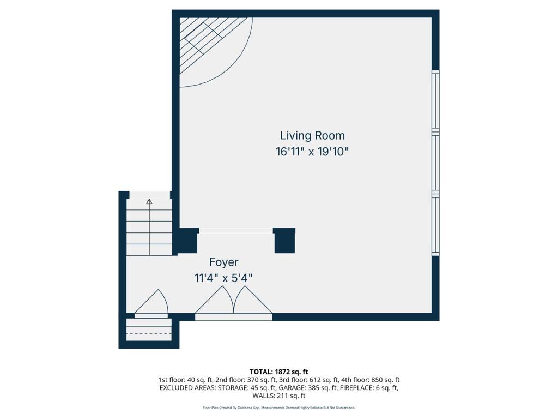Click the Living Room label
(x=312, y=135)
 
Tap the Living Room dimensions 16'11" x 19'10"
(x=312, y=152)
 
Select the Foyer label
(x=223, y=262)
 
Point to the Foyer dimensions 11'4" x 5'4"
(x=223, y=278)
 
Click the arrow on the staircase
(x=149, y=202)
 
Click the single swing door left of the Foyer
(x=151, y=304)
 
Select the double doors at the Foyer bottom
(x=234, y=303)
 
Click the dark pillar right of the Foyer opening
(x=284, y=241)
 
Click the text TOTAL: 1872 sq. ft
(x=279, y=372)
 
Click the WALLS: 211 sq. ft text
(x=279, y=396)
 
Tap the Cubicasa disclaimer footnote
(x=279, y=408)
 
